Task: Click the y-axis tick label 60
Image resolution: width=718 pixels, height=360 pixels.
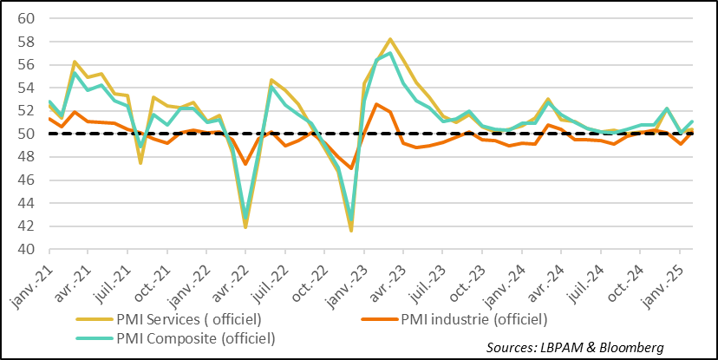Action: [x=25, y=18]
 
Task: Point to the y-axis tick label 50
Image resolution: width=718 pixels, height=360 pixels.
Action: [x=25, y=134]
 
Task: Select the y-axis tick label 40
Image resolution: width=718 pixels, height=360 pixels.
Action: [x=25, y=250]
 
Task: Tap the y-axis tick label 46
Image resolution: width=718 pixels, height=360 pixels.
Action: [x=25, y=180]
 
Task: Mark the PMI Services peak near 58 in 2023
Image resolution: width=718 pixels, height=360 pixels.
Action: [x=390, y=39]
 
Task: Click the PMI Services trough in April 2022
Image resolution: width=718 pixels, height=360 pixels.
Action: [x=246, y=227]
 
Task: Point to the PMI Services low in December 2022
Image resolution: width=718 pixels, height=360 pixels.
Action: [x=351, y=230]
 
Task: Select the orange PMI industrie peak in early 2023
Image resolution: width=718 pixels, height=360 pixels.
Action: [x=376, y=104]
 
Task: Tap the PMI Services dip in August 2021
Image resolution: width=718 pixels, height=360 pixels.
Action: [x=140, y=162]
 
